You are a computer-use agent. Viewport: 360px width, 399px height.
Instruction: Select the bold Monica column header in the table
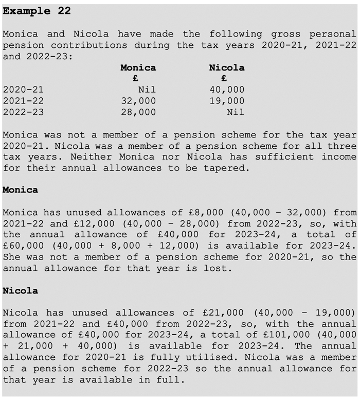(138, 67)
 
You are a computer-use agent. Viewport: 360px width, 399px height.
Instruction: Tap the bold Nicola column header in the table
(226, 67)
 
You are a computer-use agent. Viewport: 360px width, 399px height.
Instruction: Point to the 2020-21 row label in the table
(23, 90)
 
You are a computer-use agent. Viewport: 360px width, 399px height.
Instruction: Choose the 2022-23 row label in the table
(23, 112)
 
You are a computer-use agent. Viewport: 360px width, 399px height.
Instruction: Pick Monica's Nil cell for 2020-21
(147, 90)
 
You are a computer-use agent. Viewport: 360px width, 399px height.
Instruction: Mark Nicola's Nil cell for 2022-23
(235, 112)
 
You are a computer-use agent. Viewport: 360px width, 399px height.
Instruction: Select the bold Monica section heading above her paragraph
(20, 190)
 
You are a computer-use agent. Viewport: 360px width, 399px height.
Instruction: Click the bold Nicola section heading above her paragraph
(20, 291)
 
